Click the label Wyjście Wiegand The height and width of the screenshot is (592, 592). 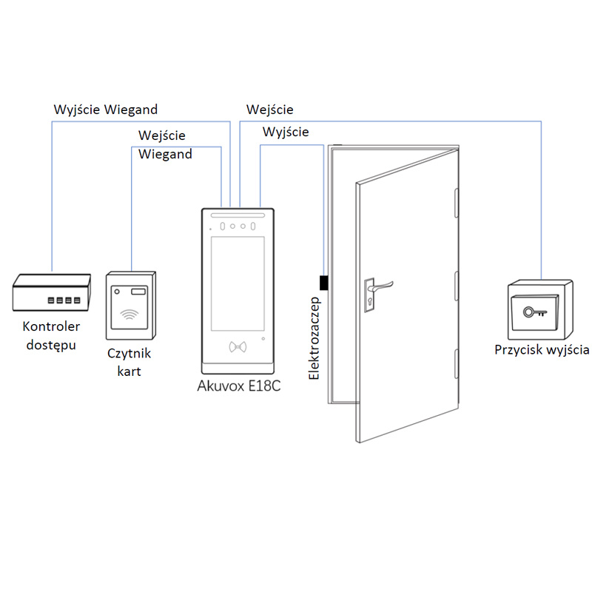(x=106, y=110)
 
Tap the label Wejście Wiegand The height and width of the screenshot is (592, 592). (x=165, y=145)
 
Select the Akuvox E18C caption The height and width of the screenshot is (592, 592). (x=239, y=386)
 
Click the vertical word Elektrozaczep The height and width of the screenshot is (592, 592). (x=314, y=337)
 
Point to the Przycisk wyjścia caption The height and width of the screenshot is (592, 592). (x=542, y=349)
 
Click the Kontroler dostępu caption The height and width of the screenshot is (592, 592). (x=52, y=335)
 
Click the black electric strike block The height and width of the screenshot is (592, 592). (x=323, y=283)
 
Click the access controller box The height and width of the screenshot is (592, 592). (x=53, y=292)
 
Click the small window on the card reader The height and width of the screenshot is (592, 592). (x=139, y=291)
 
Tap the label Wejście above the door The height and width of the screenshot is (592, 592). (x=270, y=110)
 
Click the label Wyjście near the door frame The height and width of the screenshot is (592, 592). (x=286, y=132)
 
